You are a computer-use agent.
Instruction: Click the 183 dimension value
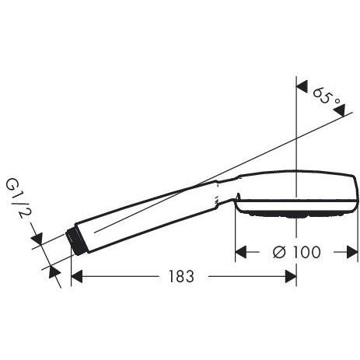[181, 276]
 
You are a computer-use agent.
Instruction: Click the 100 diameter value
[306, 252]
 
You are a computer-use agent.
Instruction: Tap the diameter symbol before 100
[280, 252]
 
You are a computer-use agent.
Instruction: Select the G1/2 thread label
[17, 197]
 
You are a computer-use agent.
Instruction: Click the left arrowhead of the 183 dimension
[76, 276]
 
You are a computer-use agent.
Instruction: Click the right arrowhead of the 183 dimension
[291, 276]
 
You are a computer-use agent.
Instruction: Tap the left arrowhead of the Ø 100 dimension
[240, 252]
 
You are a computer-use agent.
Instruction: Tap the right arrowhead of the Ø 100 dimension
[352, 252]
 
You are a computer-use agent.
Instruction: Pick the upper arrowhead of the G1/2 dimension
[37, 239]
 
